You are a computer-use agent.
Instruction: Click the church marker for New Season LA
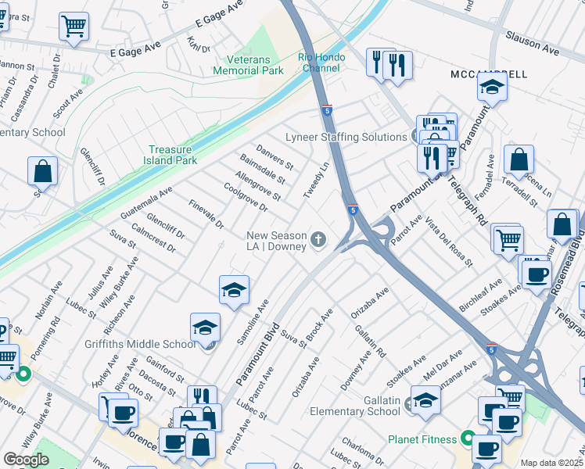(318, 239)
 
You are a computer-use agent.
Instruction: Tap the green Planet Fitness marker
(468, 439)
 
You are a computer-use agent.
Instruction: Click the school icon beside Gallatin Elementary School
(425, 401)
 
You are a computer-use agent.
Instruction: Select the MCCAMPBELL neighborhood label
(489, 73)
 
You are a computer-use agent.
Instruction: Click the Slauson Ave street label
(533, 44)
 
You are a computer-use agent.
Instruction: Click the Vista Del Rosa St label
(449, 242)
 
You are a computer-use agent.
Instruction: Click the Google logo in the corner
(26, 460)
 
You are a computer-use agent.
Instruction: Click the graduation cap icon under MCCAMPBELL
(492, 88)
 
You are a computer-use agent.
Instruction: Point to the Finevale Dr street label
(206, 214)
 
